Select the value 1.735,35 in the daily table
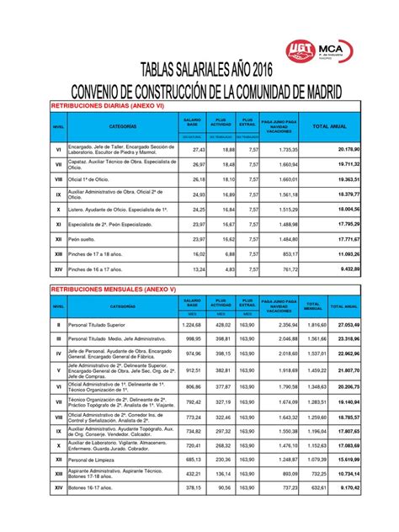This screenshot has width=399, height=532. (287, 148)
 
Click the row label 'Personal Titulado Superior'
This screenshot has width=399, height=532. (104, 324)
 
